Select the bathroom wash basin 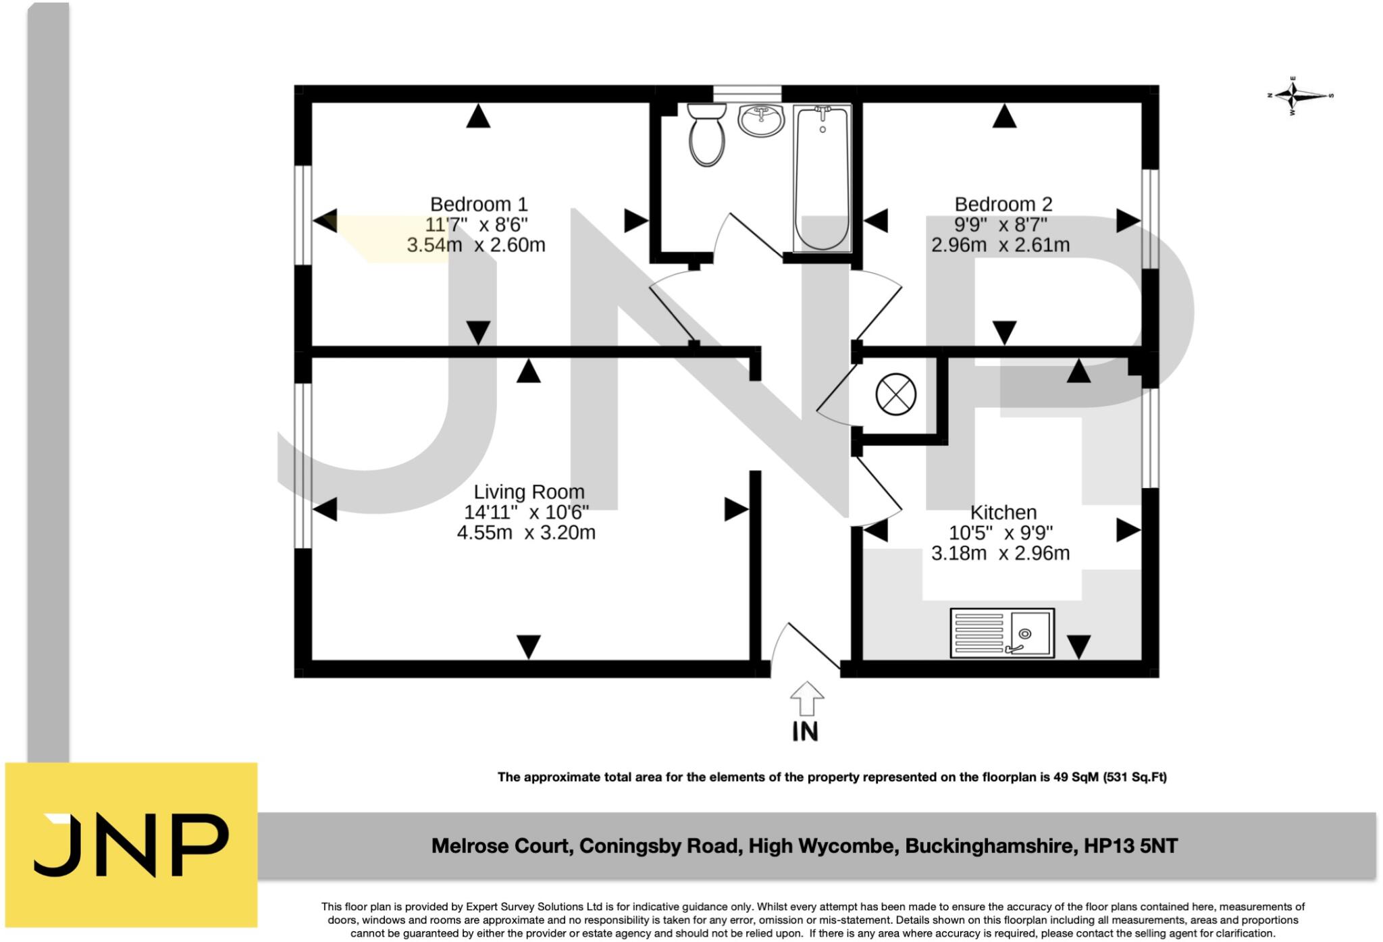tap(760, 120)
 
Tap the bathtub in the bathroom tap(822, 179)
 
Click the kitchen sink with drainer tap(1001, 633)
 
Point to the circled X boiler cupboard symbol tap(895, 394)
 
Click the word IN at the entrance tap(805, 732)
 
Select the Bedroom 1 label tap(478, 204)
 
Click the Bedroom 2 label tap(1003, 204)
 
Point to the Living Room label tap(529, 492)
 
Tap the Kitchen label tap(1003, 513)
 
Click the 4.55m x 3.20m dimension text tap(526, 533)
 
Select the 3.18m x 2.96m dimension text tap(1000, 554)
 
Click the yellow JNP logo tap(131, 845)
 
